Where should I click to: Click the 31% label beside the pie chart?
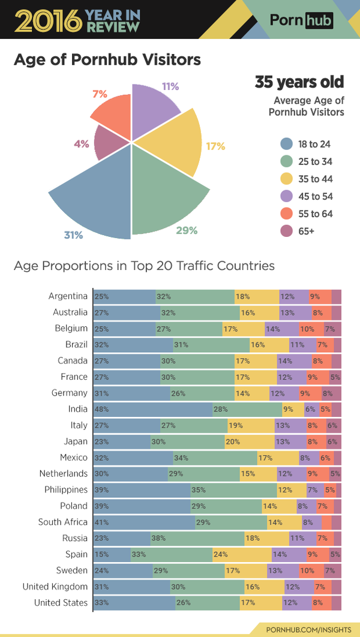coord(73,235)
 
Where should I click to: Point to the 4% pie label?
coord(82,143)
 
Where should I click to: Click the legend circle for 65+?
coord(286,231)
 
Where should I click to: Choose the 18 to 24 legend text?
coord(314,144)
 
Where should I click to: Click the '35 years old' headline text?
coord(299,82)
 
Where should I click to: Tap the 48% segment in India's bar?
coord(153,409)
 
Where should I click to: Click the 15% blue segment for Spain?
coord(112,554)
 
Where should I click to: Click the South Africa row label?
coord(63,522)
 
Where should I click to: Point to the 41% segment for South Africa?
coord(144,522)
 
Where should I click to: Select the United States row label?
coord(61,602)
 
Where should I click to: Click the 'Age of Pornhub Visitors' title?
coord(107,61)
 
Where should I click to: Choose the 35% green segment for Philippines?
coord(233,489)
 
